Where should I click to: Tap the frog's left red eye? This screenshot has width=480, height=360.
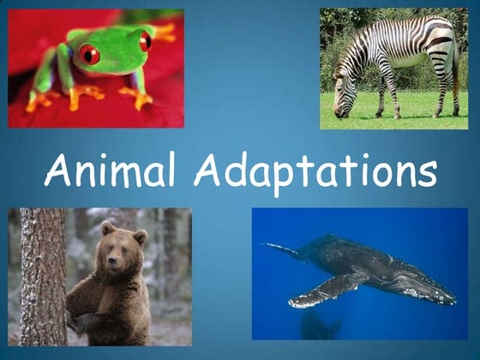89,55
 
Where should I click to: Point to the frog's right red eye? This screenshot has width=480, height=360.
145,39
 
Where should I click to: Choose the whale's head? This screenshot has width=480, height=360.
429,287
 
